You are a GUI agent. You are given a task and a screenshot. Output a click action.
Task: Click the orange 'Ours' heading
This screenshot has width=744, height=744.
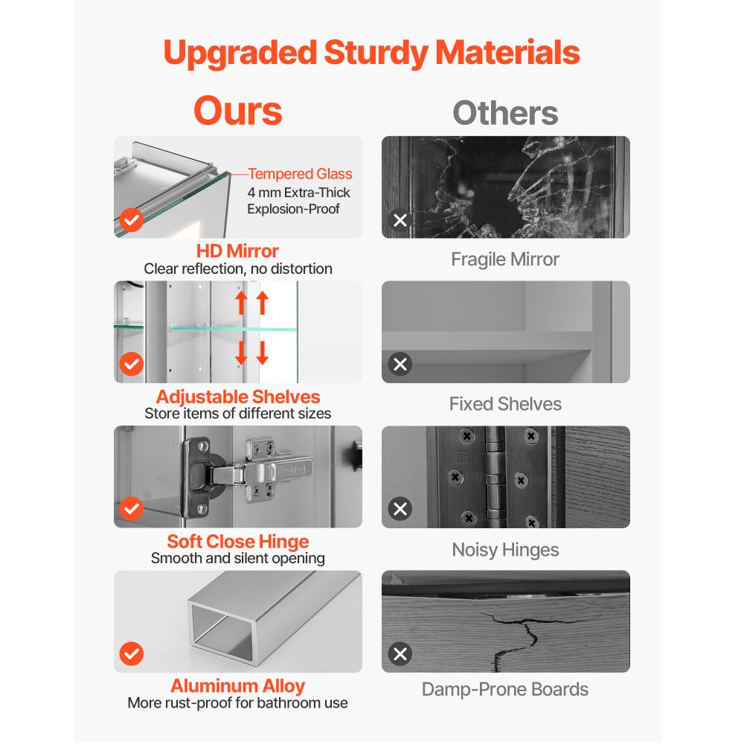pos(238,111)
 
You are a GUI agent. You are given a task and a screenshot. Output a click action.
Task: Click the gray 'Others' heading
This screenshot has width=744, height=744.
pos(505,113)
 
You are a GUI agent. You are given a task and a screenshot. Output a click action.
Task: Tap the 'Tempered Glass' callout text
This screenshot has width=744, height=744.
pos(300,174)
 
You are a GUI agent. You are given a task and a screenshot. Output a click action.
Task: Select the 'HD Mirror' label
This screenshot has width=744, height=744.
pos(237,251)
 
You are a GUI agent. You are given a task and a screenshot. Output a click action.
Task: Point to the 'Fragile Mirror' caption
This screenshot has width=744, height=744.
pos(505,260)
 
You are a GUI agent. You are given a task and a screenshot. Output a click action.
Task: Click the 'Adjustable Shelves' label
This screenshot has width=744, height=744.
pos(238,397)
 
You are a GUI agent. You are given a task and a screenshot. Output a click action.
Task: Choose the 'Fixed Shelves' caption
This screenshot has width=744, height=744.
pos(505,404)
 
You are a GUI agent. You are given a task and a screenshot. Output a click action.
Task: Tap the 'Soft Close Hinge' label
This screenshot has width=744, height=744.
pos(238,542)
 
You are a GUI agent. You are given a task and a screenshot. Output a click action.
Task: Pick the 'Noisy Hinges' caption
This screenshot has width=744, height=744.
pos(505,550)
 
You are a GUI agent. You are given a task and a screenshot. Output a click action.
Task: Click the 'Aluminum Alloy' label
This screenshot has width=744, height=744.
pos(238,686)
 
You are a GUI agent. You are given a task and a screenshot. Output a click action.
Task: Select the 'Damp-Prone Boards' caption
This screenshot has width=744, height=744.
pos(505,690)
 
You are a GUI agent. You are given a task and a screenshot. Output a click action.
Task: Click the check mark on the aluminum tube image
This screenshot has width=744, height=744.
pos(132,654)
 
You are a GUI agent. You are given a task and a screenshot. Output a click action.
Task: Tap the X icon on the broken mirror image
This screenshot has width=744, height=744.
pos(400,220)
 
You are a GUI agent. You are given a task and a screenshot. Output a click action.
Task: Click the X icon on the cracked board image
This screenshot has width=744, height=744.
pos(400,654)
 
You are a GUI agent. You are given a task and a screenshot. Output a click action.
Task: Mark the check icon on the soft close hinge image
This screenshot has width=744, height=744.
pos(132,509)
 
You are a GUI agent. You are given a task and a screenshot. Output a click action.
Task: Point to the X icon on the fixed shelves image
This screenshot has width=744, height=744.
pos(400,364)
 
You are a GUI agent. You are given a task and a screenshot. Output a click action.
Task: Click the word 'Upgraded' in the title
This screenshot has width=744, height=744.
pos(240,53)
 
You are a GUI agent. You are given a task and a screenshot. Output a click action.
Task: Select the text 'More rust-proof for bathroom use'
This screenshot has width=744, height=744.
pos(238,703)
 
